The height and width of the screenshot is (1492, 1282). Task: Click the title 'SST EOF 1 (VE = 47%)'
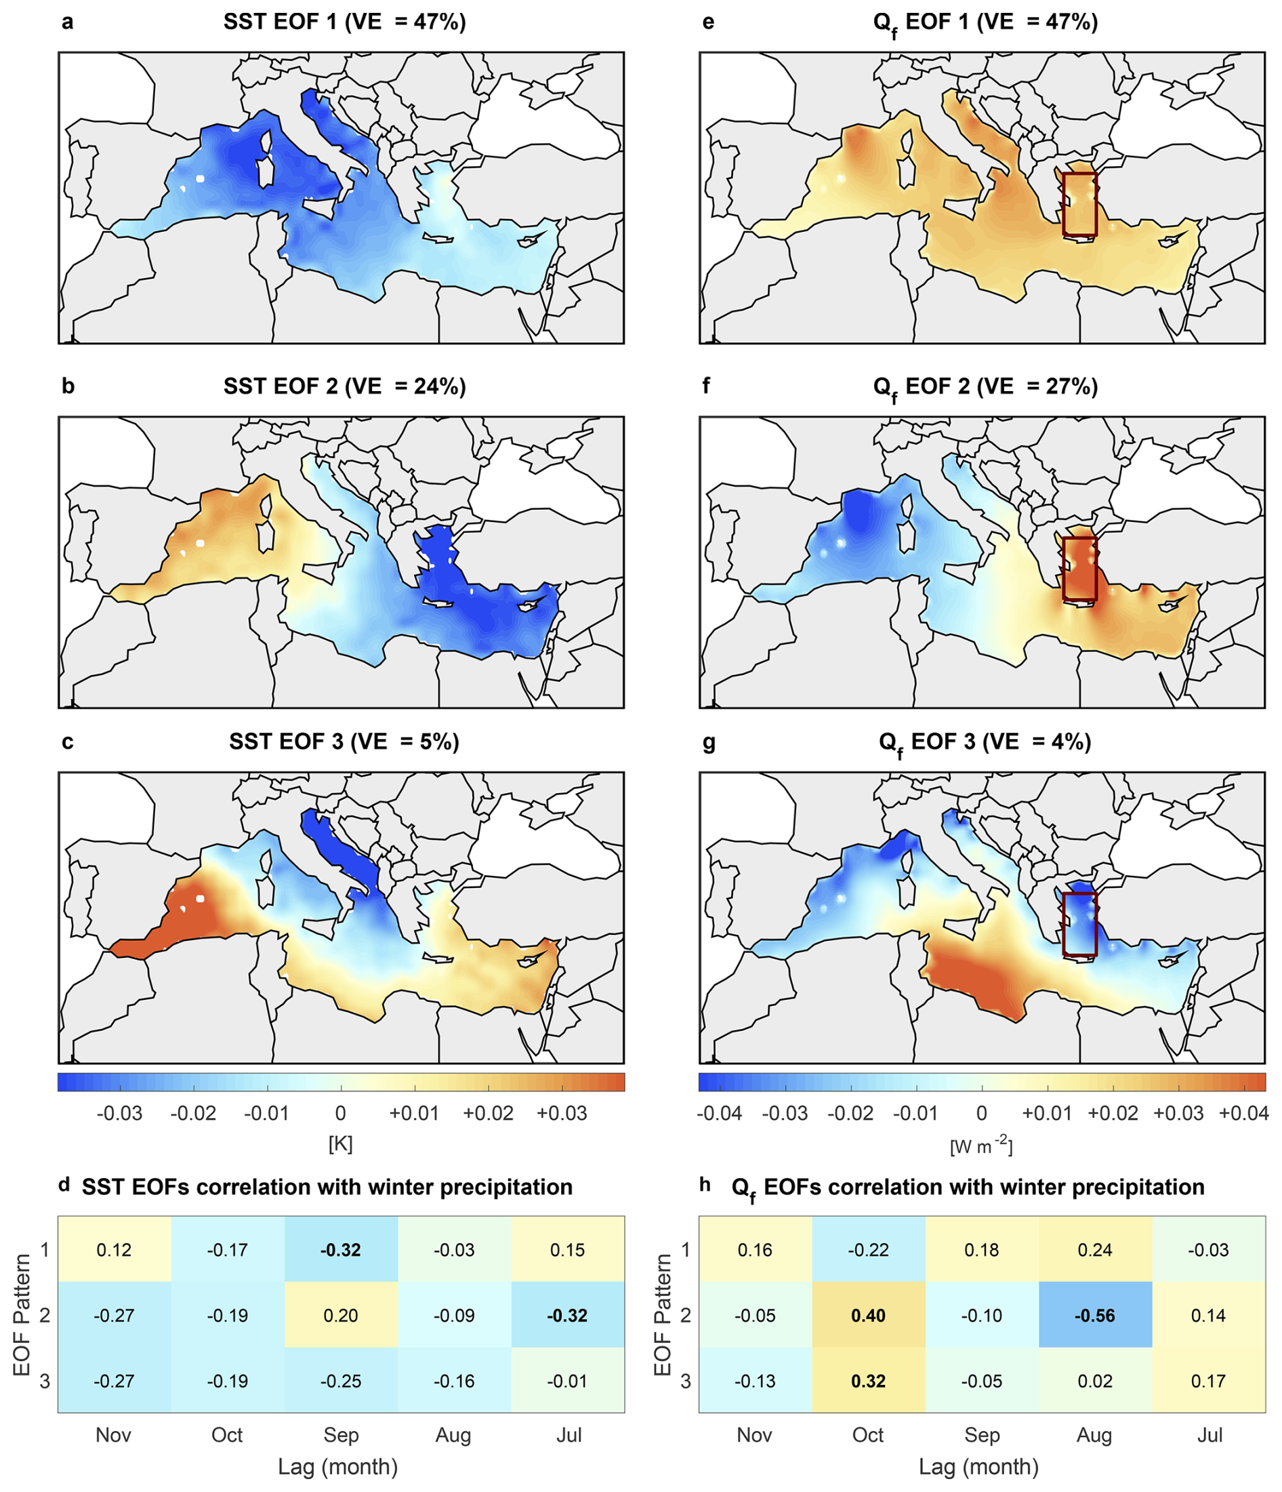[x=344, y=22]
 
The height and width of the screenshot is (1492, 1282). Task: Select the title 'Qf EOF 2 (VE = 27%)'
[x=985, y=386]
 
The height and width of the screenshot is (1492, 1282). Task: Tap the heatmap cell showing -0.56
[x=1094, y=1315]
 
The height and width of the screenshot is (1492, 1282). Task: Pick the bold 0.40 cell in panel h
[x=868, y=1315]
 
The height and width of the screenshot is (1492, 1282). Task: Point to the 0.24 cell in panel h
[x=1094, y=1249]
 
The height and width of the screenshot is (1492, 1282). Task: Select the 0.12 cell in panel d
[x=114, y=1249]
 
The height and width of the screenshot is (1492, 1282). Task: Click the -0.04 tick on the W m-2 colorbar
[x=719, y=1113]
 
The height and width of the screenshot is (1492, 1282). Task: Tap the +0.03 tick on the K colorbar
[x=562, y=1113]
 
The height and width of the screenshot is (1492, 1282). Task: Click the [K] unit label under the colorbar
[x=340, y=1144]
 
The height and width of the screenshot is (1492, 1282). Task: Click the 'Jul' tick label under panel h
[x=1209, y=1434]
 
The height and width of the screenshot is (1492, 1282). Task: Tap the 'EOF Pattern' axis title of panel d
[x=22, y=1314]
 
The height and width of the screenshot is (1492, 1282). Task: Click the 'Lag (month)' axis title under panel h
[x=978, y=1466]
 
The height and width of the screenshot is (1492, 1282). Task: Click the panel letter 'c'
[x=68, y=742]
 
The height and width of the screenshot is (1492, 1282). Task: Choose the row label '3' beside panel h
[x=685, y=1380]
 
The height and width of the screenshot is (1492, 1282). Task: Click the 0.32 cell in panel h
[x=868, y=1380]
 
